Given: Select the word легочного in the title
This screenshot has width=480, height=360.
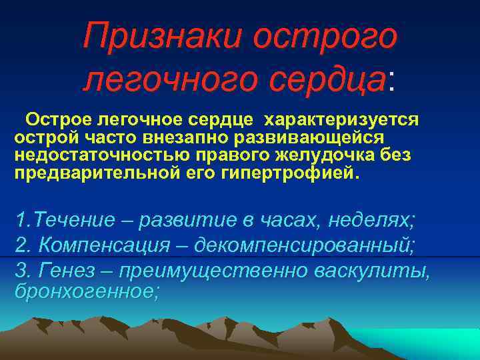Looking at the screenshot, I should pyautogui.click(x=171, y=79).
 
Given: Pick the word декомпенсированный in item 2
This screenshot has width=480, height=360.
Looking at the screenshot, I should pyautogui.click(x=304, y=245).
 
